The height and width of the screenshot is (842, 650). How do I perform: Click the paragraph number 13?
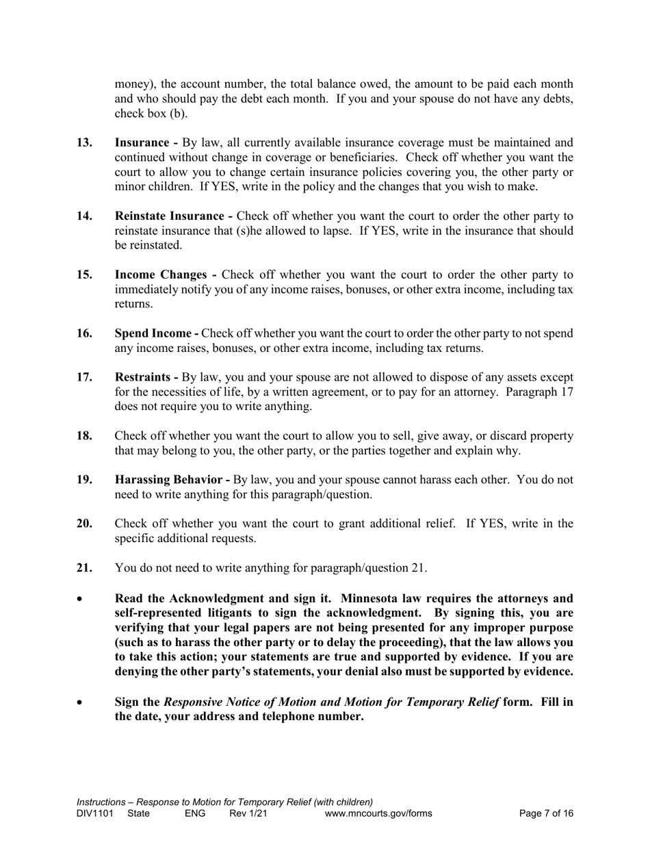[85, 142]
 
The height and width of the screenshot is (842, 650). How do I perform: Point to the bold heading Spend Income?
[154, 333]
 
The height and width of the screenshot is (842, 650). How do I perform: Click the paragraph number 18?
[85, 436]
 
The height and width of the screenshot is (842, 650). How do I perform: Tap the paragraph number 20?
[85, 524]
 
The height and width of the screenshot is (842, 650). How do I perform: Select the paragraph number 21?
[85, 567]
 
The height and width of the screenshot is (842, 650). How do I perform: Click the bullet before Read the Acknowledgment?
[81, 599]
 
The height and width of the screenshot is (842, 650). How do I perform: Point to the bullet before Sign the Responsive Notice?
[81, 702]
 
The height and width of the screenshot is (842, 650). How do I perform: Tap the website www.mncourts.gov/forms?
[378, 814]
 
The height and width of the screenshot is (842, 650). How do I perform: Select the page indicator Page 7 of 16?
[546, 814]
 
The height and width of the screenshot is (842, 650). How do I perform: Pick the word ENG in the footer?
[195, 814]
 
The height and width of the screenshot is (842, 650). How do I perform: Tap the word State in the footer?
[138, 814]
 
